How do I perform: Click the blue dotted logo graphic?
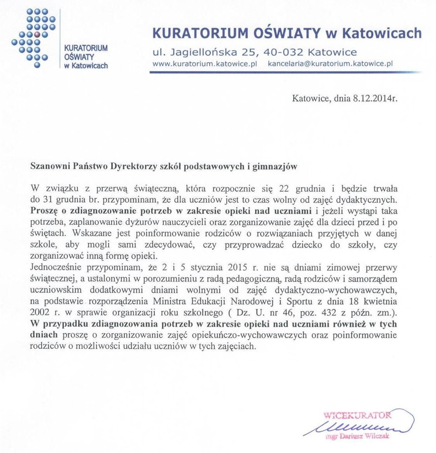(34, 38)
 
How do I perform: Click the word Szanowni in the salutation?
(49, 166)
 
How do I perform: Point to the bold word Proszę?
(44, 211)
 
